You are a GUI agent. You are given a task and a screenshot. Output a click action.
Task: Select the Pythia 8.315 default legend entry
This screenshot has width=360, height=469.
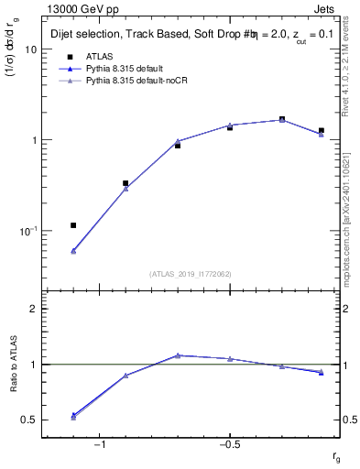[x=127, y=69]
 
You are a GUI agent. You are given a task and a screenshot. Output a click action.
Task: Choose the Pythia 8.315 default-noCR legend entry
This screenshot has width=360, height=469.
[x=136, y=82]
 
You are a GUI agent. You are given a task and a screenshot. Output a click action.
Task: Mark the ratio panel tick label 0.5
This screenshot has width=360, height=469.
[x=29, y=420]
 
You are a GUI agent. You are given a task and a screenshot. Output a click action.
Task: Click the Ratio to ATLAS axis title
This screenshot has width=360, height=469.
[x=13, y=364]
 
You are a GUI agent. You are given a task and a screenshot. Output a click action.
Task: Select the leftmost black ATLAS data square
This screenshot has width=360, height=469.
[x=73, y=225]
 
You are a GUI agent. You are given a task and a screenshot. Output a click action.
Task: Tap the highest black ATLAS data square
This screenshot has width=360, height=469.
[x=282, y=119]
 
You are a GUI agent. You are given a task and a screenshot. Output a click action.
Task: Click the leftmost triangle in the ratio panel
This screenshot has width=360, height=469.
[x=73, y=416]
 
